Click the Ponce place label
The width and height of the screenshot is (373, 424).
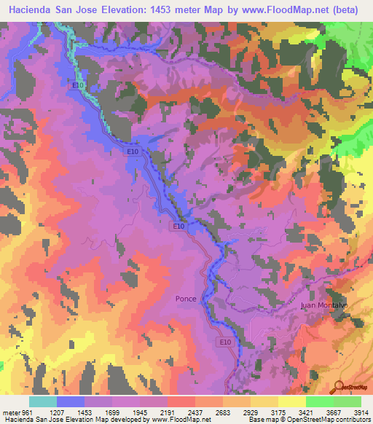click(x=186, y=299)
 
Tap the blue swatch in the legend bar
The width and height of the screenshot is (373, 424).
click(x=71, y=401)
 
